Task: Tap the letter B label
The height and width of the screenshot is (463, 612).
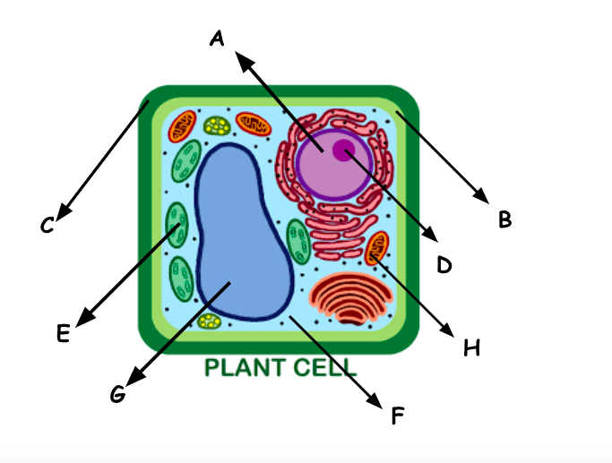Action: [x=504, y=219]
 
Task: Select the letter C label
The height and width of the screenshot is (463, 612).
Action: [x=47, y=226]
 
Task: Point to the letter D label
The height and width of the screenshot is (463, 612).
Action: [x=444, y=264]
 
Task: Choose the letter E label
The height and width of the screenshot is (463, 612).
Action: [x=62, y=333]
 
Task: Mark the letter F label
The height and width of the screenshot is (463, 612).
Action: [x=398, y=416]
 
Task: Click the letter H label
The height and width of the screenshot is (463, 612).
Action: [x=471, y=347]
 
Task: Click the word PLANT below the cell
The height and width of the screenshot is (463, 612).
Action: [x=244, y=367]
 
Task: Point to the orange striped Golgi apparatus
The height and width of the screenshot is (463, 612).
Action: [x=350, y=297]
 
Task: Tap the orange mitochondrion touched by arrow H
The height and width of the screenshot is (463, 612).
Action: [x=378, y=246]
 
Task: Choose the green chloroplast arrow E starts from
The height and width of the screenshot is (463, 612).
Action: [x=177, y=224]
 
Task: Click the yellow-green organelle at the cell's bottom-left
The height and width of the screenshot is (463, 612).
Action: [x=209, y=321]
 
